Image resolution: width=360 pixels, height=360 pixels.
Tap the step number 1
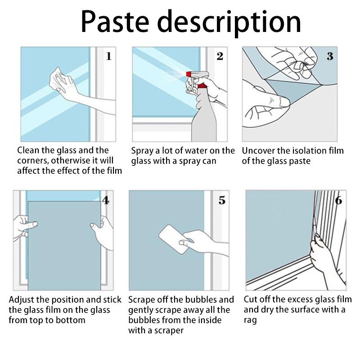(x=108, y=56)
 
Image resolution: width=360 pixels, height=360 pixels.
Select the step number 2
(x=220, y=56)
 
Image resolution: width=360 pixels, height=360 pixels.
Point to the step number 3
(x=330, y=56)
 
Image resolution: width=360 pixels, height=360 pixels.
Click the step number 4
(x=105, y=200)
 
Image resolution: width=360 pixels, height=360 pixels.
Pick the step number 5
(x=222, y=200)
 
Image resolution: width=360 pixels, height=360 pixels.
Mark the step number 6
(x=338, y=200)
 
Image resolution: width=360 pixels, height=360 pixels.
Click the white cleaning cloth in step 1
(x=58, y=80)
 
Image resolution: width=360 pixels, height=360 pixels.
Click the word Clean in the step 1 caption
(x=29, y=151)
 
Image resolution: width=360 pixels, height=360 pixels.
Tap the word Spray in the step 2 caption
(x=143, y=151)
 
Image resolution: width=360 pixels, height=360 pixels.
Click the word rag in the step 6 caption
(x=250, y=320)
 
